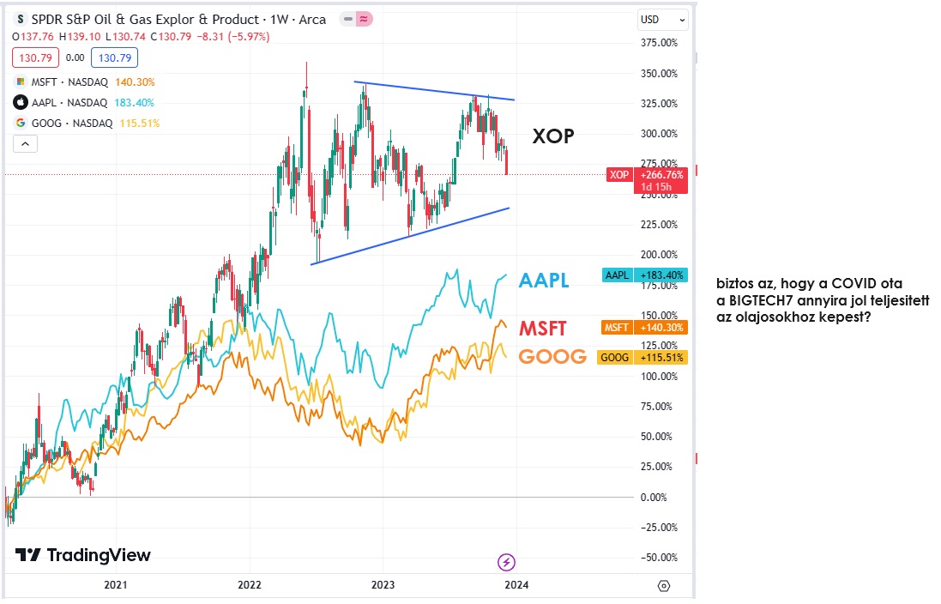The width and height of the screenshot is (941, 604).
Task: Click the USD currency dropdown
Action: (663, 20)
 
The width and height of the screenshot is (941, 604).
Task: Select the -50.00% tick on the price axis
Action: (661, 558)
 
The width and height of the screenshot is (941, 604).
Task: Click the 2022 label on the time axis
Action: (249, 585)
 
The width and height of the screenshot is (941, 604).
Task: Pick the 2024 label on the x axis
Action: (516, 585)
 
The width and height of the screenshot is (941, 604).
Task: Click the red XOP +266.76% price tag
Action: (646, 175)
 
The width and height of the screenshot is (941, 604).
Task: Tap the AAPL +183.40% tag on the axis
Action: (646, 275)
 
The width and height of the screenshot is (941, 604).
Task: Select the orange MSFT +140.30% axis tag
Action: (646, 327)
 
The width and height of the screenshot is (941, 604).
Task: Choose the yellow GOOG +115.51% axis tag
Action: (646, 357)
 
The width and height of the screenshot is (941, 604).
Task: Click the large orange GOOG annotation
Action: (553, 357)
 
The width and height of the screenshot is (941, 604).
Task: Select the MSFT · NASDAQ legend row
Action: (64, 82)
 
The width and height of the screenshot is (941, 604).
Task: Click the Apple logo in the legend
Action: (21, 102)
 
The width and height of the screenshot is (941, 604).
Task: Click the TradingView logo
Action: (82, 555)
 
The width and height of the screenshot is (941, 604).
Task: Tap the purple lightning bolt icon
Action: (507, 562)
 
